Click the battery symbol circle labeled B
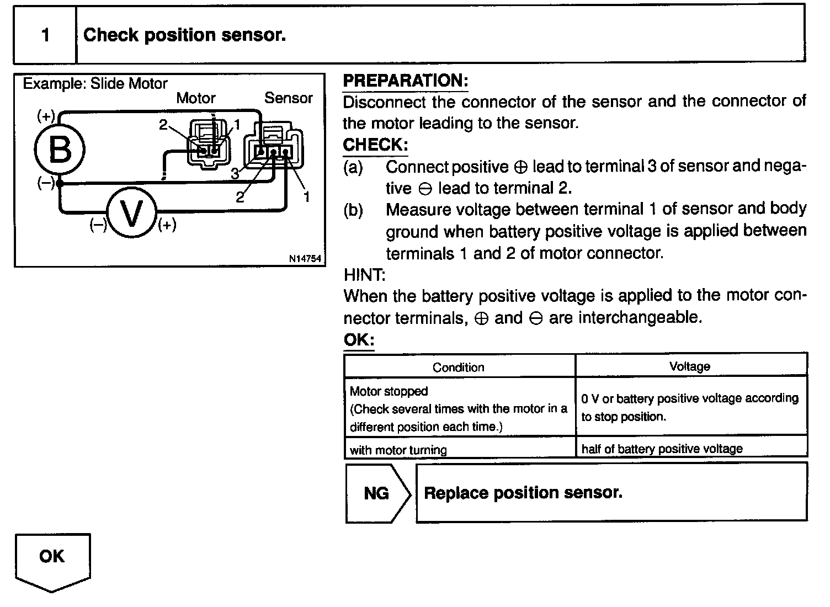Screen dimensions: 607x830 coord(60,149)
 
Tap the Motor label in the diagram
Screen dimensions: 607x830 coord(195,98)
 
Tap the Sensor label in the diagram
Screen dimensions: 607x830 coord(288,98)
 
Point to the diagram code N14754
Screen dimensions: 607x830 coord(305,259)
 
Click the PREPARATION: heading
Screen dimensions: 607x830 coord(405,81)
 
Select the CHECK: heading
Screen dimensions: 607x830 coord(375,145)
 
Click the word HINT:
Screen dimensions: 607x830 coord(364,274)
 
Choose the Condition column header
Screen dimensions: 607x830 coord(459,367)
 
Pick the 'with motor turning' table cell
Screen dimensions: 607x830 coord(398,450)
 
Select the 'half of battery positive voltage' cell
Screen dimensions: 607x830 coord(662,449)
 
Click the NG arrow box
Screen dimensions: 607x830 coord(377,493)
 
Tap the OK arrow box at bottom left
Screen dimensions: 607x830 coord(52,557)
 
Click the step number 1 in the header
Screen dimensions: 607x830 coord(45,35)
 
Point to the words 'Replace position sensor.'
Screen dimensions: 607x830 coord(523,492)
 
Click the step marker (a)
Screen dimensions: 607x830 coord(353,167)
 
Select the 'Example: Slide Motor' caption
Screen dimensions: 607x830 coord(95,84)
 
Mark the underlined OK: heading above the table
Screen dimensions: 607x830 coord(358,340)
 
